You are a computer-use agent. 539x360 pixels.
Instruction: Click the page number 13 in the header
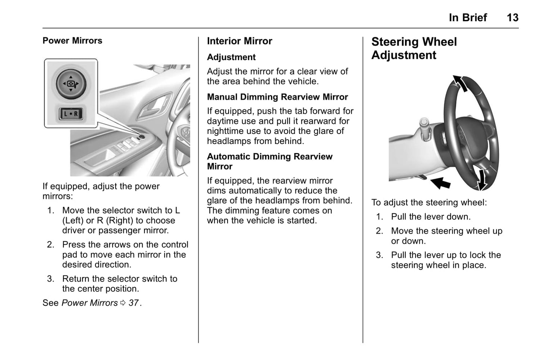[512, 18]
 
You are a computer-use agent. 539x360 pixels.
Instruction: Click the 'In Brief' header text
[468, 18]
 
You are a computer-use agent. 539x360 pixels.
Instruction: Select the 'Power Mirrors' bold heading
[72, 41]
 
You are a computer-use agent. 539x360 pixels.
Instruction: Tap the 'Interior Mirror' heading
[239, 41]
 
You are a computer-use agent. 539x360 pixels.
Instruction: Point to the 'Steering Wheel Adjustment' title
[414, 48]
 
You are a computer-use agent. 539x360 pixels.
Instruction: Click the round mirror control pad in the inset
[71, 83]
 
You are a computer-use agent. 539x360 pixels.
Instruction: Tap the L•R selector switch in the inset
[71, 114]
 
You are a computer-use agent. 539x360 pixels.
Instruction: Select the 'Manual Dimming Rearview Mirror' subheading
[277, 97]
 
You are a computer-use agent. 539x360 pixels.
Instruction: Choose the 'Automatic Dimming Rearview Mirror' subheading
[269, 161]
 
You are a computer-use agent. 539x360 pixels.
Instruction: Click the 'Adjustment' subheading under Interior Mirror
[231, 57]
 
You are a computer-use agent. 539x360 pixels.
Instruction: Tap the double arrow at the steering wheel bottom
[482, 179]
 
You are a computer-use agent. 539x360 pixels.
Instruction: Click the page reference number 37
[134, 303]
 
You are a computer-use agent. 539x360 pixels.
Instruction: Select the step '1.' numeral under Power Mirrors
[51, 210]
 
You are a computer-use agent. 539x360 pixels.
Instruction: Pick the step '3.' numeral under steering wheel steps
[379, 255]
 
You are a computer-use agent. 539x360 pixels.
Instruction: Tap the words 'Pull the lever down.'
[431, 217]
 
